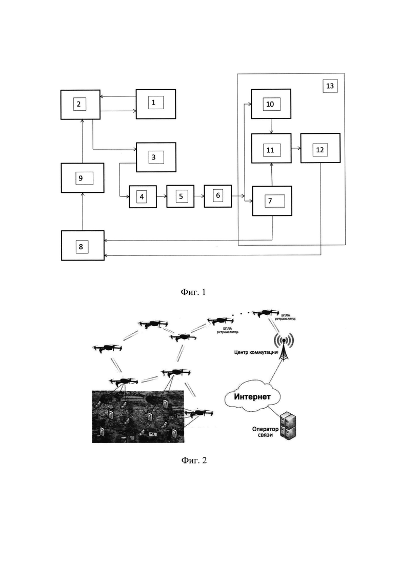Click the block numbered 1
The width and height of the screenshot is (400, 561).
(x=155, y=104)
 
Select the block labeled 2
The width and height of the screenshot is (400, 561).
(x=80, y=105)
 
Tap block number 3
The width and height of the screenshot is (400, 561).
(x=155, y=157)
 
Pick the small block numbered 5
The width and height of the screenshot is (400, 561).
(x=181, y=196)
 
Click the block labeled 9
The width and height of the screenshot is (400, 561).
(x=82, y=178)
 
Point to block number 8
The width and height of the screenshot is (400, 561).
(x=83, y=246)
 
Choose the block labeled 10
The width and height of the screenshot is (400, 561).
(x=271, y=104)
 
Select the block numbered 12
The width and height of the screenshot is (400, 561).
(x=320, y=148)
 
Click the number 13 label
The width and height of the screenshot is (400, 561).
(x=330, y=86)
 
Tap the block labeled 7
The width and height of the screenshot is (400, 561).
(x=272, y=201)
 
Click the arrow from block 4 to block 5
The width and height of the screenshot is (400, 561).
(x=162, y=196)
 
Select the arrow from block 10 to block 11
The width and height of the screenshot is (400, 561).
(x=271, y=126)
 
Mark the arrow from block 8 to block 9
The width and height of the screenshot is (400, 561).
(x=83, y=211)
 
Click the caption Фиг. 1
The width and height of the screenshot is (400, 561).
(x=193, y=292)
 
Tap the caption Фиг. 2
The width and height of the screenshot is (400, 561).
(x=194, y=460)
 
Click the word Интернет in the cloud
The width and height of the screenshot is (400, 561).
(x=252, y=396)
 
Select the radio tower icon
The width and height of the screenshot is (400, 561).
(x=284, y=346)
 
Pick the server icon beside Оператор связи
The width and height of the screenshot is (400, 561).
(x=288, y=427)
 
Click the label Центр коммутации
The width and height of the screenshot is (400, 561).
(x=256, y=352)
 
